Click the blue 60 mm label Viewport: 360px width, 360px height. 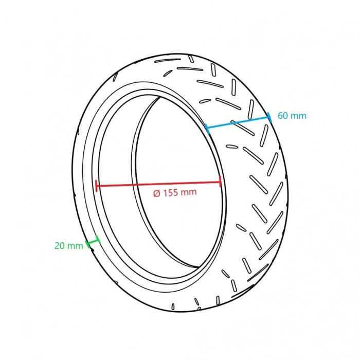[292, 116]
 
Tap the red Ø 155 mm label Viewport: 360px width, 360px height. [175, 193]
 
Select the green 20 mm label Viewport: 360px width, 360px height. [68, 246]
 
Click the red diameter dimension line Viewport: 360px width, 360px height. [158, 184]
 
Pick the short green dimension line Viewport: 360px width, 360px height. [93, 241]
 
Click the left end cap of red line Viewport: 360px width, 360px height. [97, 186]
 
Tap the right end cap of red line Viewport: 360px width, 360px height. [221, 182]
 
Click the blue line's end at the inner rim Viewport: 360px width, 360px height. [207, 129]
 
